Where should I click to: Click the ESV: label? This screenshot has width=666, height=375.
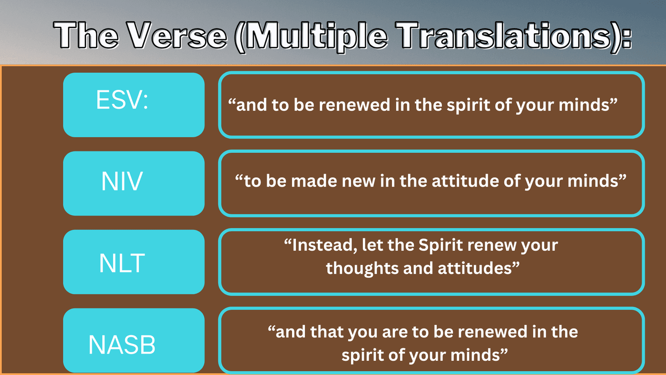pos(122,100)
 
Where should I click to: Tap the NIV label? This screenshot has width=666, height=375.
pos(122,181)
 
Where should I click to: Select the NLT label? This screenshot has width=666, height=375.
pos(122,263)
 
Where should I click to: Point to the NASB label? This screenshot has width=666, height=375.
pos(122,345)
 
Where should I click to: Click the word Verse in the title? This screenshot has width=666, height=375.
pos(176,35)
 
